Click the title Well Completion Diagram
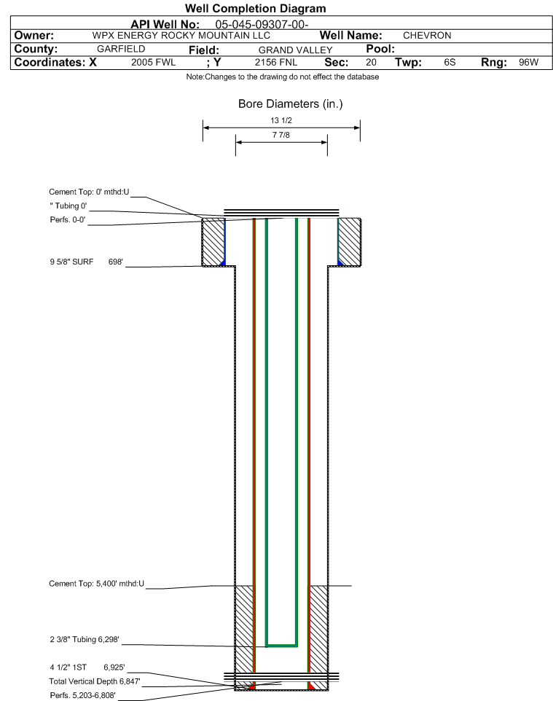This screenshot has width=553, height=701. click(255, 9)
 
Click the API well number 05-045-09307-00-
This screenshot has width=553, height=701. click(262, 25)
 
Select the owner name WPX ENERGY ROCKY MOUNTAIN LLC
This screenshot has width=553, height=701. click(181, 36)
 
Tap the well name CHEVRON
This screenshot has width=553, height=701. click(427, 36)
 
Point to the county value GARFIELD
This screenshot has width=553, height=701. click(121, 49)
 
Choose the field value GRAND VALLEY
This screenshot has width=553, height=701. click(296, 50)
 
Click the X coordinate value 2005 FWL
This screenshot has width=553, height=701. click(153, 62)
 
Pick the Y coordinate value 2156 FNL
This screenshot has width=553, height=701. click(276, 62)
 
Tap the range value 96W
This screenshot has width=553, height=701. click(528, 62)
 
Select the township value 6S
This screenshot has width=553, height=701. click(450, 62)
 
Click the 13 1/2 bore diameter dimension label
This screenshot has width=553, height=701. click(281, 120)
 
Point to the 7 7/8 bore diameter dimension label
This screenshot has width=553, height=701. click(281, 135)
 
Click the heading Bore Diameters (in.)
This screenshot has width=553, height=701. click(290, 104)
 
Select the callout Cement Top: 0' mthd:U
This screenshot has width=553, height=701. click(89, 192)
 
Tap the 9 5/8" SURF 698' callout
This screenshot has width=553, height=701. click(86, 262)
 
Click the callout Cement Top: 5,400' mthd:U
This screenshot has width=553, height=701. click(97, 584)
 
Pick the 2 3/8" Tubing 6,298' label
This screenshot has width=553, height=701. click(85, 639)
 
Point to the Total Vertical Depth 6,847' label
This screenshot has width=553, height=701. click(95, 681)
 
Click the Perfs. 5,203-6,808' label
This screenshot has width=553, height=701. click(83, 695)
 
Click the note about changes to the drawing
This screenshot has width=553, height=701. click(283, 77)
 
